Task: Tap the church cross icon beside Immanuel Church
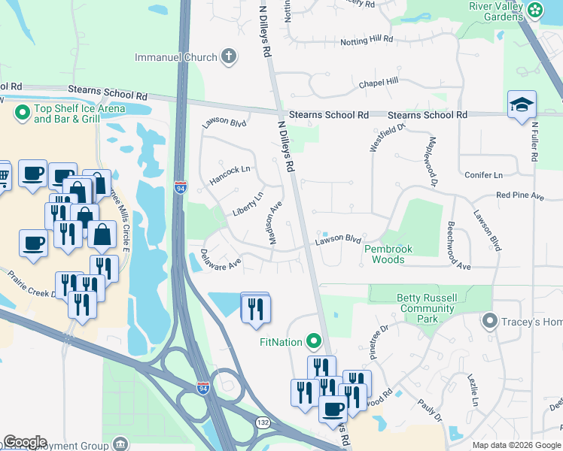pyautogui.click(x=229, y=57)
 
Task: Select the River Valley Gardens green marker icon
pyautogui.click(x=535, y=11)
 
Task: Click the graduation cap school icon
pyautogui.click(x=522, y=106)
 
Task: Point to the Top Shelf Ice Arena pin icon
pyautogui.click(x=22, y=114)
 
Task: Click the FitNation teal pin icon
pyautogui.click(x=314, y=342)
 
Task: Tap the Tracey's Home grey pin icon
pyautogui.click(x=491, y=322)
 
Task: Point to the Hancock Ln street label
pyautogui.click(x=229, y=176)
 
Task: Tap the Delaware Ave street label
pyautogui.click(x=221, y=258)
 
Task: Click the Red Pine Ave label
pyautogui.click(x=519, y=195)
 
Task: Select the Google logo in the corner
pyautogui.click(x=24, y=442)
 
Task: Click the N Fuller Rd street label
pyautogui.click(x=535, y=142)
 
